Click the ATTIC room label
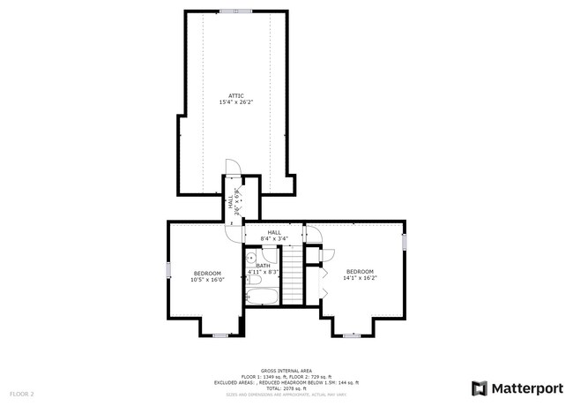(235, 95)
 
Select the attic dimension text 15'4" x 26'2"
(235, 102)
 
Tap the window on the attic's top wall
(235, 11)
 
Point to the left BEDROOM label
(207, 273)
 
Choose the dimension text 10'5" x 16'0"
(207, 280)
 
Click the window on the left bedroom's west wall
(168, 270)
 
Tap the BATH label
(263, 266)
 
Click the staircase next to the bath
(292, 274)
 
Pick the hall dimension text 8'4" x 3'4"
(274, 239)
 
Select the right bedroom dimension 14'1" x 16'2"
(360, 278)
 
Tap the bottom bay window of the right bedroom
(352, 335)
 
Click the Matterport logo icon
(480, 387)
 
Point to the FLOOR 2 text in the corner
(22, 393)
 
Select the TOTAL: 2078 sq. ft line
(286, 387)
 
